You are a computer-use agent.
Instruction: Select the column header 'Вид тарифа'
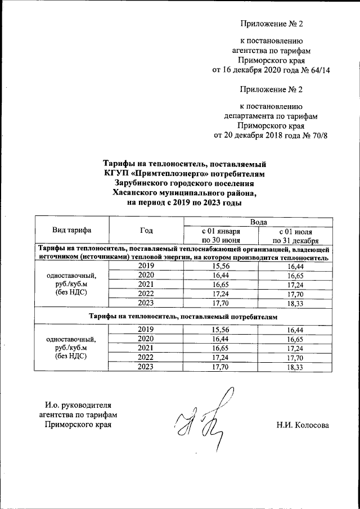click(72, 229)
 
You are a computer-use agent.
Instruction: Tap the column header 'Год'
click(146, 229)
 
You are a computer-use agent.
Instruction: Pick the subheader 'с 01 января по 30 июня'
click(221, 236)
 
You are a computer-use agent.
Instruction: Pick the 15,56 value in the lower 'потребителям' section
click(221, 329)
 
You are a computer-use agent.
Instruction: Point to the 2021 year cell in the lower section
click(146, 348)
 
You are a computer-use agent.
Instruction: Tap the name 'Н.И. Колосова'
click(302, 425)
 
